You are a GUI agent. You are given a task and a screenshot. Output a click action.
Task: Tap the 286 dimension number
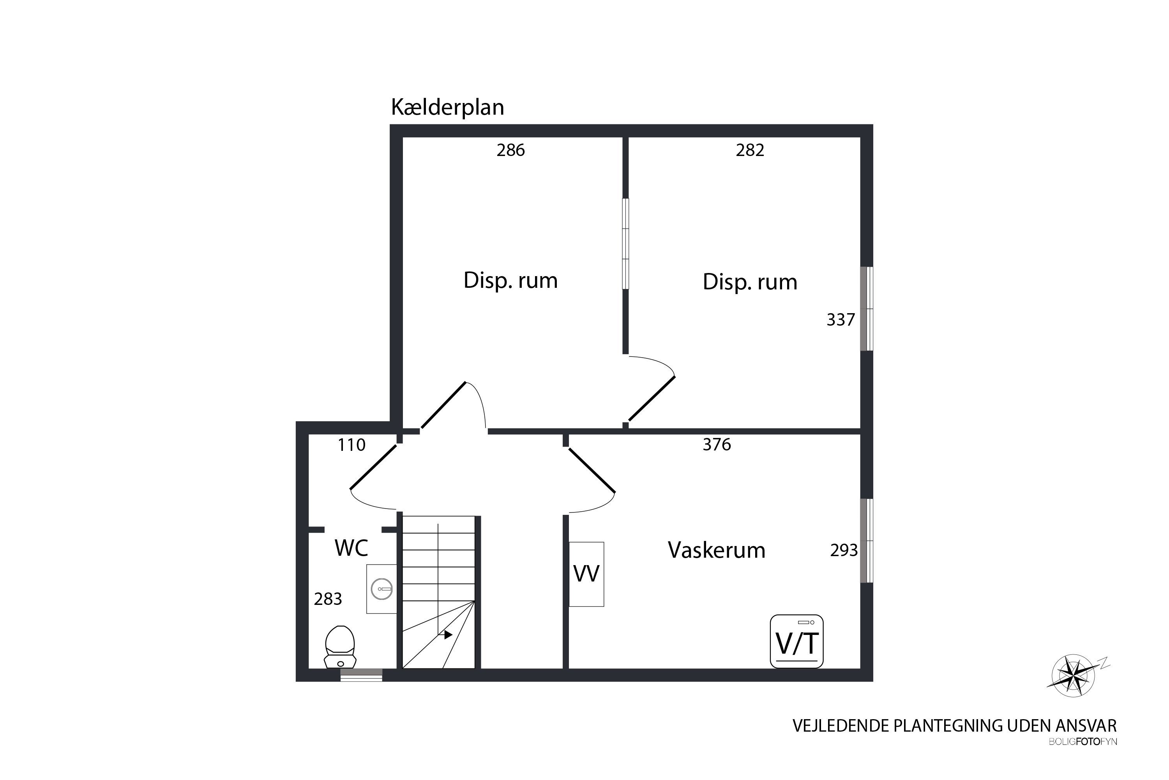point(510,150)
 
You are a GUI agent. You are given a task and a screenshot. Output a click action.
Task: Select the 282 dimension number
point(750,150)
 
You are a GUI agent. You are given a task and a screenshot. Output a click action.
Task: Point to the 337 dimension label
point(841,320)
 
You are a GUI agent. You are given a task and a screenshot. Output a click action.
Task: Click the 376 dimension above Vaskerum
point(717,445)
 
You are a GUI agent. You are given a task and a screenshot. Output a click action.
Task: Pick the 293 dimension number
point(844,551)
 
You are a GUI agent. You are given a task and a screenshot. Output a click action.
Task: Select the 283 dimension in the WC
point(328,599)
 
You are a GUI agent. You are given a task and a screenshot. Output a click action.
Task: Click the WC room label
point(351,548)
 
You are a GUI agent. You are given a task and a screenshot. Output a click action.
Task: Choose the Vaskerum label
point(716,550)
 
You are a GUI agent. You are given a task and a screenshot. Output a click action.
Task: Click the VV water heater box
point(586,574)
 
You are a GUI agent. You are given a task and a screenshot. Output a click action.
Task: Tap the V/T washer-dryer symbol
point(797,641)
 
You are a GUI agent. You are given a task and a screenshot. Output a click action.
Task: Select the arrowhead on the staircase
point(448,635)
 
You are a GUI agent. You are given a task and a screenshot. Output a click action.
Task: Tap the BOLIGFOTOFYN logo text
point(1082,742)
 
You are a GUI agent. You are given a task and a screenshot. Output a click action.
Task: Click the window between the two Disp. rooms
point(625,244)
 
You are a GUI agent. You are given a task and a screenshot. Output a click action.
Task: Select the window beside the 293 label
point(867,541)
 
